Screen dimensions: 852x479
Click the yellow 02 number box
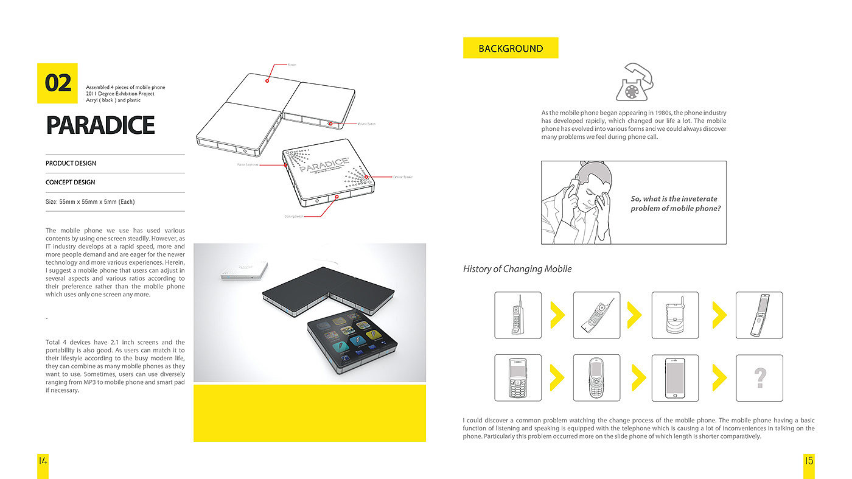point(57,83)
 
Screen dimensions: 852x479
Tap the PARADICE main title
point(100,125)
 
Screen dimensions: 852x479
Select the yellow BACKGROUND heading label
point(511,48)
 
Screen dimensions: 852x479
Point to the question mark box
point(759,378)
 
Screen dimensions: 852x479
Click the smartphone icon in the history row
point(675,378)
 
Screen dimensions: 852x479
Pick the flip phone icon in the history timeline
point(759,315)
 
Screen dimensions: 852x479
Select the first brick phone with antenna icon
point(517,315)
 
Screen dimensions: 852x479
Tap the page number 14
point(43,461)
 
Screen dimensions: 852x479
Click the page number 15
point(809,461)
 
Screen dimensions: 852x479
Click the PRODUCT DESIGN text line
point(71,163)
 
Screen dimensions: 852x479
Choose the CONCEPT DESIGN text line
point(71,182)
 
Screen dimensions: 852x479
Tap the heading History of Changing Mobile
point(517,269)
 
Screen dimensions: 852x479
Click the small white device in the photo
point(238,272)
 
